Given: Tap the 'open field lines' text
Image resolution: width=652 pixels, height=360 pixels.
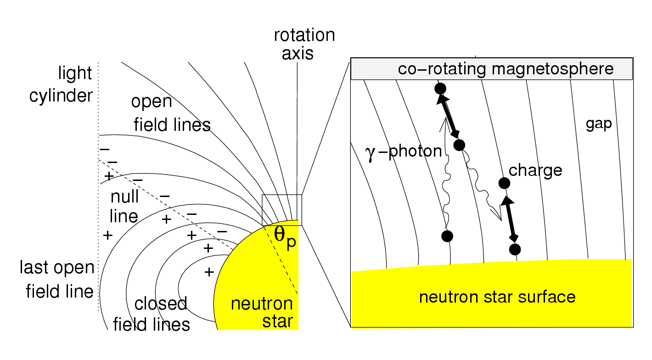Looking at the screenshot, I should (171, 113).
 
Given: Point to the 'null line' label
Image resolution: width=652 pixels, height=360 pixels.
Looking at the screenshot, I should (124, 206).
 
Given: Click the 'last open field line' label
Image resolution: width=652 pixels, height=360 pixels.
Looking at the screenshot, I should (56, 279).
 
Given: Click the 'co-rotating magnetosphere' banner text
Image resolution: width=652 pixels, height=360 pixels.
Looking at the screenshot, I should (506, 69).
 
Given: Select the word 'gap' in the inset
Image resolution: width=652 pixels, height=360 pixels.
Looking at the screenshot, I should (599, 124).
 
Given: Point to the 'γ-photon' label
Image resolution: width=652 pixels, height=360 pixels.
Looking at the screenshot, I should (403, 151).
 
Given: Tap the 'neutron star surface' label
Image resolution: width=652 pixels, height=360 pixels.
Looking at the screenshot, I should (497, 297).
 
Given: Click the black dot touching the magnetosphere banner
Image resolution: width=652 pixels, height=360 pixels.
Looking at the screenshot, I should (440, 88).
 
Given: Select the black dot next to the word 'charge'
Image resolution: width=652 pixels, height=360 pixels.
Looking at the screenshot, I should (504, 183).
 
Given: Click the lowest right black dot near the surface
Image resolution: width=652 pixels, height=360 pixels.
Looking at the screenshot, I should (515, 249).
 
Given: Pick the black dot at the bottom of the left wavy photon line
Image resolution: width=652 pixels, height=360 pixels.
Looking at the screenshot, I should (447, 236).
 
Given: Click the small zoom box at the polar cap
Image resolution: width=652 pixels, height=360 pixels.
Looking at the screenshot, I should (281, 209).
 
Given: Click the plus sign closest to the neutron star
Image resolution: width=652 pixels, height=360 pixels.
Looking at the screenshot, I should (209, 272).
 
